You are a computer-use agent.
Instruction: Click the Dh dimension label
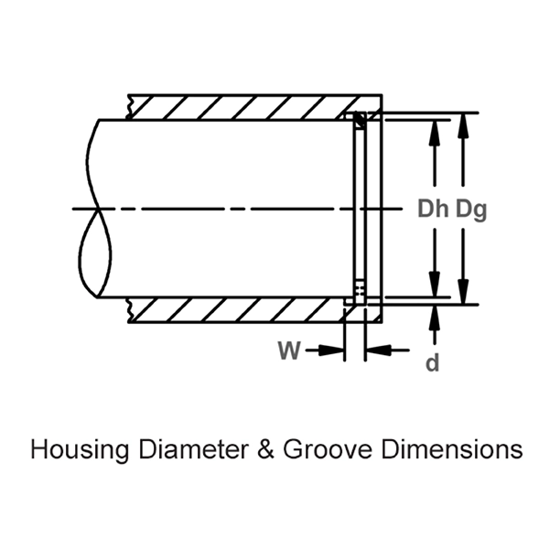[434, 209]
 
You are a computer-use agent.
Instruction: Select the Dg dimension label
[470, 209]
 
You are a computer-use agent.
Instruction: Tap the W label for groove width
[289, 350]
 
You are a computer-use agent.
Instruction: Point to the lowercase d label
[433, 362]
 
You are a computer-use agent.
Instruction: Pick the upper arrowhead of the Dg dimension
[466, 123]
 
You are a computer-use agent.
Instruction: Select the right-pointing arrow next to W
[331, 350]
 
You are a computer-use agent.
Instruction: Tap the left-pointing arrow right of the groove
[377, 350]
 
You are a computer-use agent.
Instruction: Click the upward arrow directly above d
[434, 317]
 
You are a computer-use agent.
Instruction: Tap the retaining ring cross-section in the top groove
[360, 119]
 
